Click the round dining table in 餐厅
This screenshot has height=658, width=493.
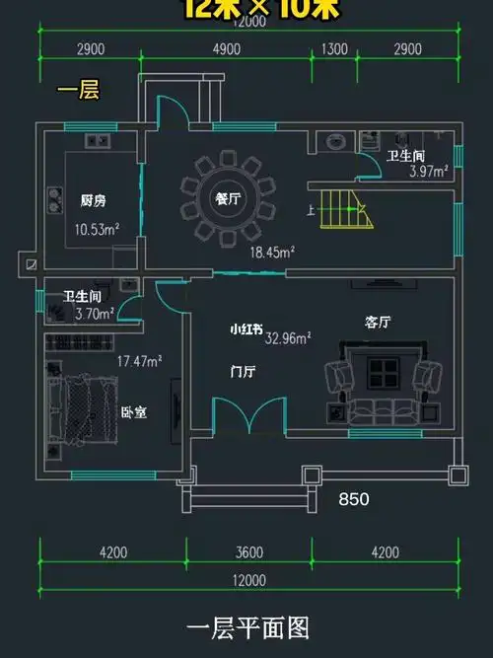[x=226, y=198]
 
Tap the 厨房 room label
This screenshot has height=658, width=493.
[x=94, y=200]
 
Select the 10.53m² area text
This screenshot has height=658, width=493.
[x=98, y=229]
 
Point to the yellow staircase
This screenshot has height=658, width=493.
[x=345, y=208]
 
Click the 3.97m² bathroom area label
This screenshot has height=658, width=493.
[x=429, y=171]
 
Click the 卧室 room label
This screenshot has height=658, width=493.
[x=133, y=412]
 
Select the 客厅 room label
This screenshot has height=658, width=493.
[x=379, y=322]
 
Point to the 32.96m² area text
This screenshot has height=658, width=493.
[x=288, y=337]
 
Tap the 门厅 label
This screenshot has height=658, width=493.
[x=243, y=372]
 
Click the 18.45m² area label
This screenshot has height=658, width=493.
[x=273, y=253]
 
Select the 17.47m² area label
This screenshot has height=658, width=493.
[x=140, y=362]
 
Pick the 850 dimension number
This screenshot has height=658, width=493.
[x=353, y=500]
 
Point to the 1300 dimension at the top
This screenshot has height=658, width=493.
[x=334, y=49]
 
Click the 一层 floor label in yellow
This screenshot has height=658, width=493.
[x=76, y=92]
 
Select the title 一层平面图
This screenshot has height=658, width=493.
[x=247, y=628]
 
